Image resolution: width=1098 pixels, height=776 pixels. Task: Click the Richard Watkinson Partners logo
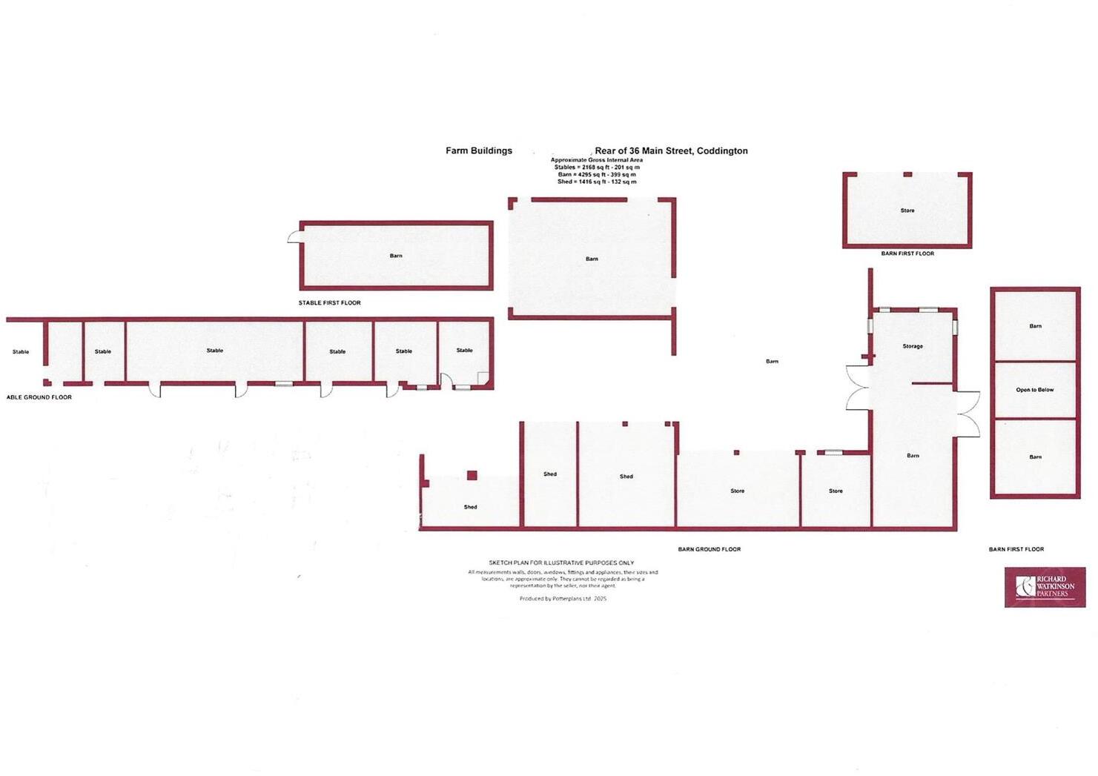[x=1045, y=587]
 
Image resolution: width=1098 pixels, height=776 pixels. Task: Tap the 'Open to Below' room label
[x=1034, y=390]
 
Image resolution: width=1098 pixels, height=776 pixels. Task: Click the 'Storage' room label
[x=912, y=346]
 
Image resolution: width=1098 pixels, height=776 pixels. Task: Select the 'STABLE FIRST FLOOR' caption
[x=329, y=303]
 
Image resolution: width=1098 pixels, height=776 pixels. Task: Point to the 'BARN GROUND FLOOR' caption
[x=709, y=549]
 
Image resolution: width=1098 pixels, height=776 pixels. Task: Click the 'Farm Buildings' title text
[x=478, y=150]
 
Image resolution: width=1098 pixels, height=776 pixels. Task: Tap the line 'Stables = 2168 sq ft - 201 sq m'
[x=597, y=168]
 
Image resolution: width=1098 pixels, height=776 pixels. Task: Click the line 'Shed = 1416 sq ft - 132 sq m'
[x=597, y=182]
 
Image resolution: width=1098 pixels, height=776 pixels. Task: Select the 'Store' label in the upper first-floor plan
[x=907, y=210]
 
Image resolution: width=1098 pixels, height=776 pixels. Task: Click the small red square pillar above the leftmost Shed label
[x=472, y=475]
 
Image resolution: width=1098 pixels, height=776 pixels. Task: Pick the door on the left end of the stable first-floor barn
[x=294, y=236]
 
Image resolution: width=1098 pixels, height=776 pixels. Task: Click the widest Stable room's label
[x=215, y=351]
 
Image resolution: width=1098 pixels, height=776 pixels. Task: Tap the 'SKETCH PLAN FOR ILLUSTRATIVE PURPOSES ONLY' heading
[x=561, y=563]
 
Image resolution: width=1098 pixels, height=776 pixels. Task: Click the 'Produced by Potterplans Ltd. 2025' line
[x=563, y=598]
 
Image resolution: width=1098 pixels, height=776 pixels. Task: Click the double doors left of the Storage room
[x=858, y=388]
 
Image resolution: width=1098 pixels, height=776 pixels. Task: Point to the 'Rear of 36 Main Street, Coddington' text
[x=671, y=150]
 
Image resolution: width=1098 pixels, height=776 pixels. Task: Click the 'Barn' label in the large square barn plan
[x=592, y=259]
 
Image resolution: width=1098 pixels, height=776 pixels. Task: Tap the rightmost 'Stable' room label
[x=464, y=351]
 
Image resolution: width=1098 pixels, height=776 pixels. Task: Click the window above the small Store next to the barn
[x=833, y=452]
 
